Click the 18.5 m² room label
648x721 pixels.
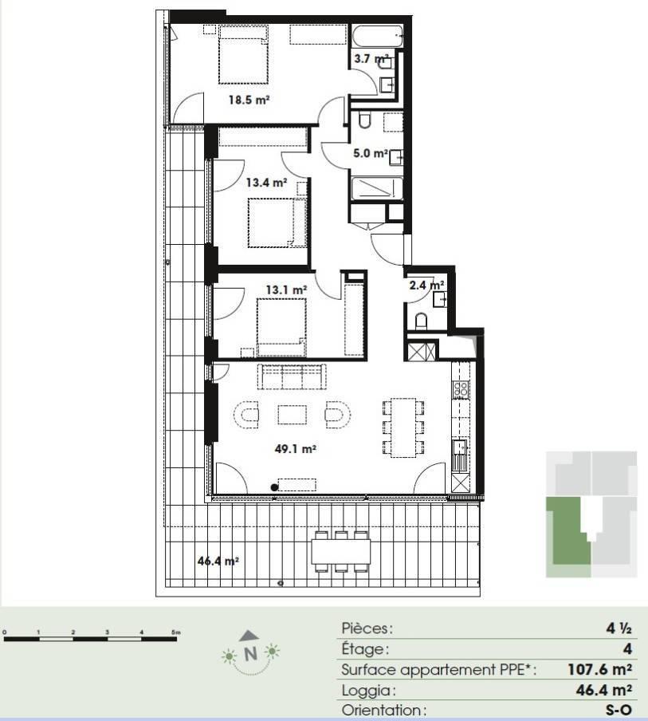coord(249,100)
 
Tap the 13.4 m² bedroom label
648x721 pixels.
coord(266,183)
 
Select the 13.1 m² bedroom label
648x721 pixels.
coord(286,290)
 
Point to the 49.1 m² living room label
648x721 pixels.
coord(295,449)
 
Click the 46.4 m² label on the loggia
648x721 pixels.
coord(218,561)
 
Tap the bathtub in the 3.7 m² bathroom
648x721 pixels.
coord(378,35)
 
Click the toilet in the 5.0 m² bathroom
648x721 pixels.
coord(365,119)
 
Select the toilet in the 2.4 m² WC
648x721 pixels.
coord(422,321)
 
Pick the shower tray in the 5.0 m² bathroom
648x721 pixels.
coord(377,188)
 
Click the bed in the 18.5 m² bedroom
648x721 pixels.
coord(244,55)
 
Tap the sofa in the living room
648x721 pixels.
coord(292,377)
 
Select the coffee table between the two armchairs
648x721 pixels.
coord(293,415)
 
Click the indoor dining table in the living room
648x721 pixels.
coord(403,427)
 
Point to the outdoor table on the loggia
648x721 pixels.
coord(341,551)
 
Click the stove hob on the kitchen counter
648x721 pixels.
coord(461,390)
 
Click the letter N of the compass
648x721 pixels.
coord(250,653)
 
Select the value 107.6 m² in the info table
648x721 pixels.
coord(599,669)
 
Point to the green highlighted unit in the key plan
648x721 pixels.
coord(570,531)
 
